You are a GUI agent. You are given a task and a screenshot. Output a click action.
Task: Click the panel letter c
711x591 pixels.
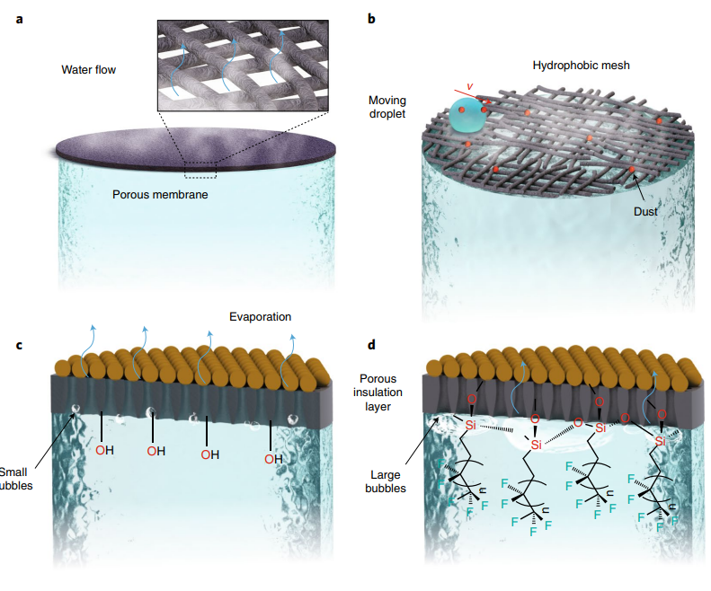[x=20, y=345]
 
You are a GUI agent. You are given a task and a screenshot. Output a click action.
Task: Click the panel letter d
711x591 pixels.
[x=372, y=345]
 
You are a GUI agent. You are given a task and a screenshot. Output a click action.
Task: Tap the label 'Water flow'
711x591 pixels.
[x=88, y=69]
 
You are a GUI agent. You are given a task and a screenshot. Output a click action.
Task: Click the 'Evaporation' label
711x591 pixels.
[x=260, y=317]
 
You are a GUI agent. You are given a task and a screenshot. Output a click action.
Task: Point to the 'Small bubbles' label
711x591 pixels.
[x=15, y=479]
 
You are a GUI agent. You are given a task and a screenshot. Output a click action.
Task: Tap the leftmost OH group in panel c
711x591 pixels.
[x=104, y=449]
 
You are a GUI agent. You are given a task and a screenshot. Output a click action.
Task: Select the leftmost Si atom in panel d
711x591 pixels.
[x=471, y=425]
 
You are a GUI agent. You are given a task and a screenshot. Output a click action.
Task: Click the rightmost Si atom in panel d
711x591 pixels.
[x=661, y=441]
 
